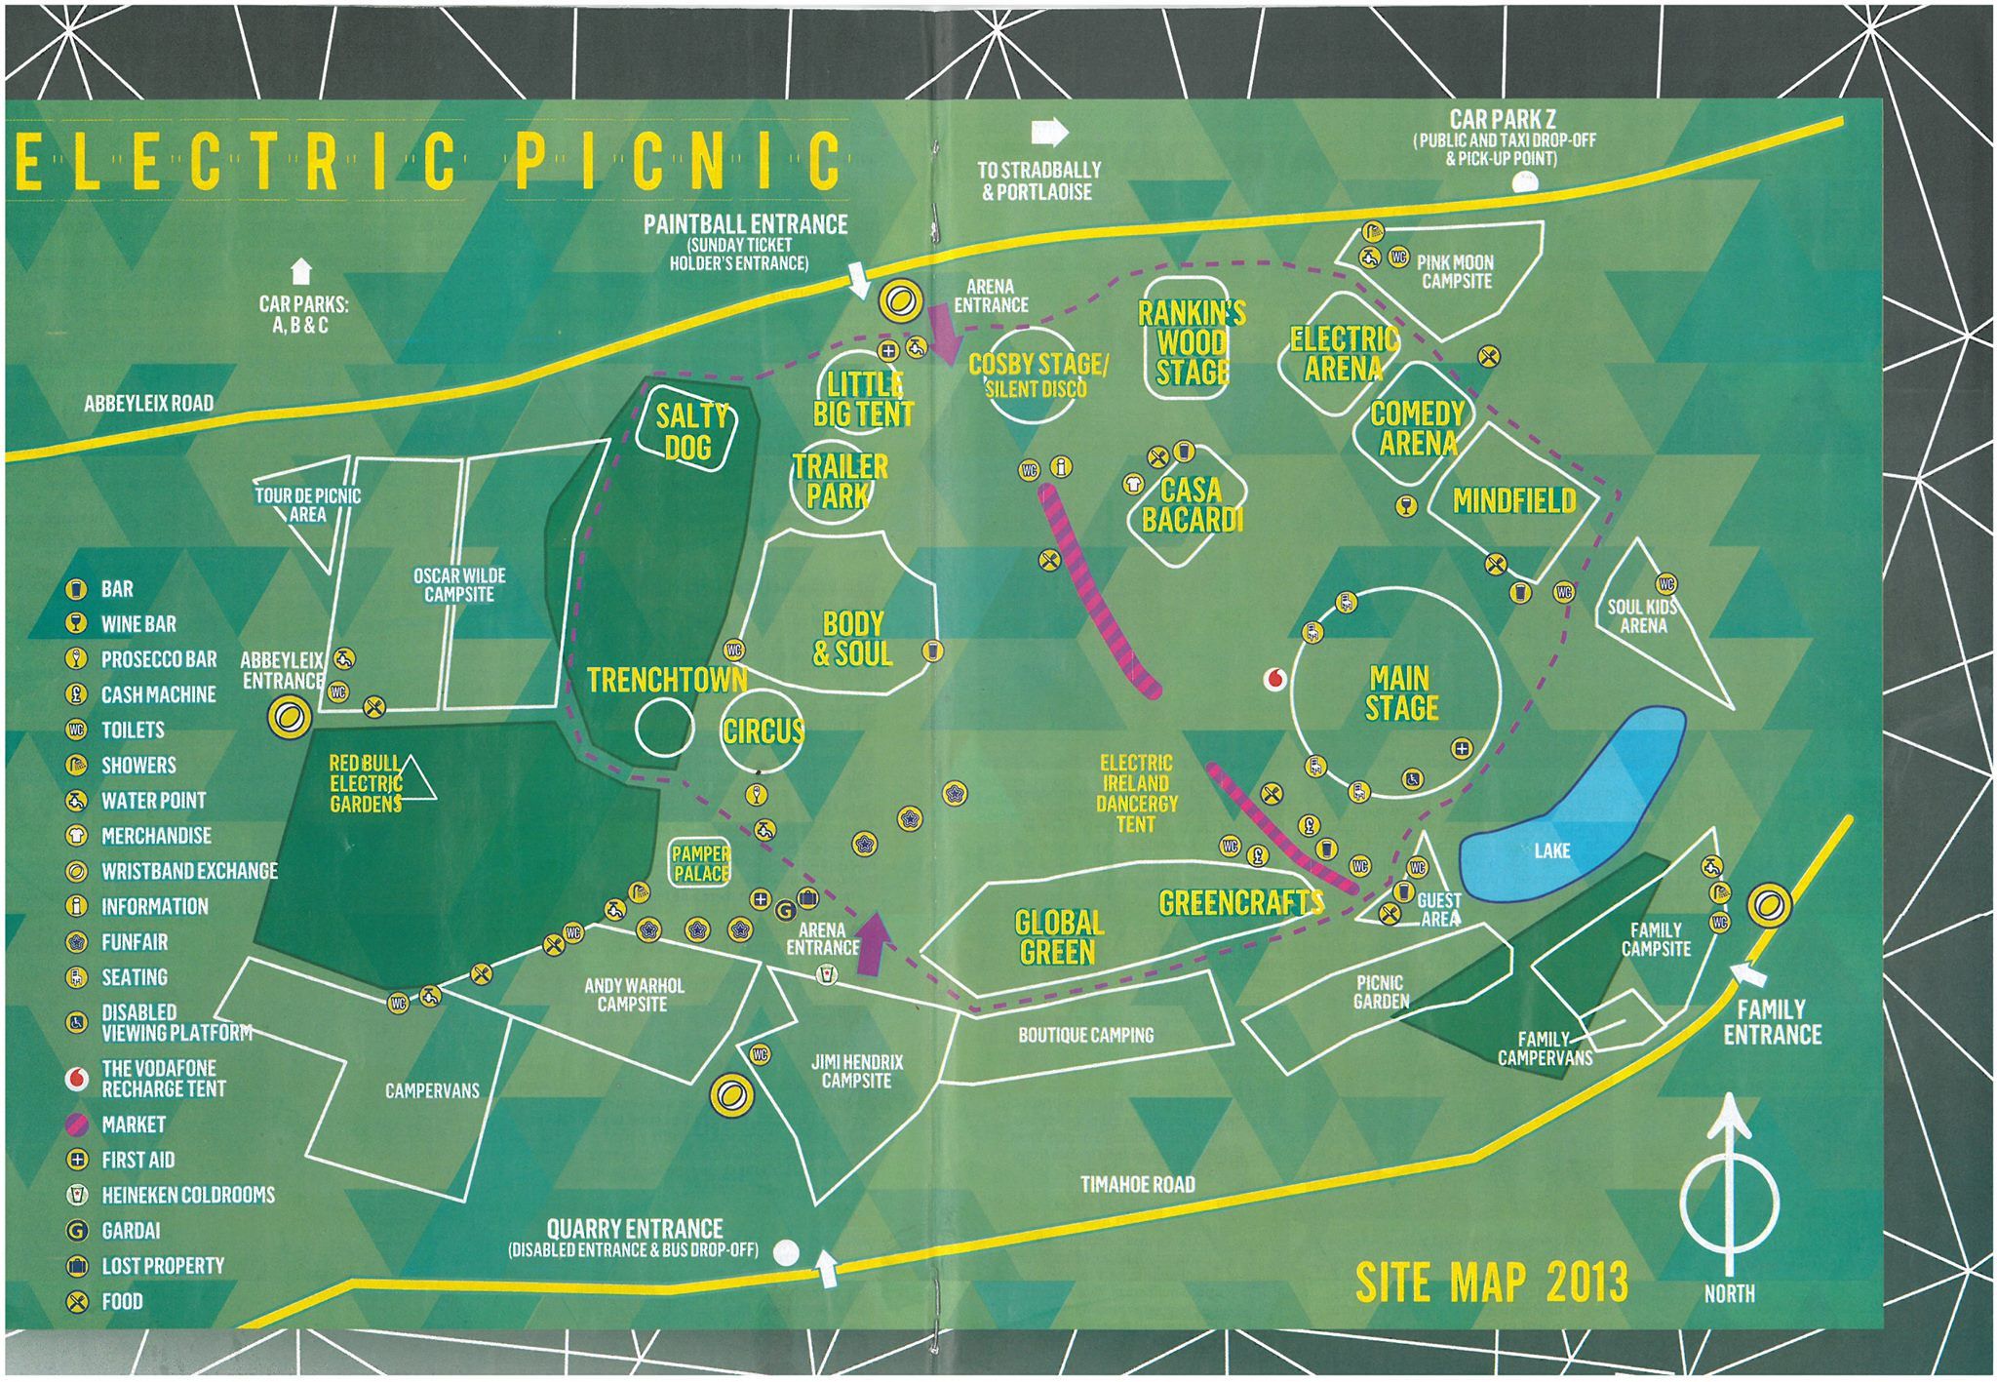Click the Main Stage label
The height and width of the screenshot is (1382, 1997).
click(x=1400, y=692)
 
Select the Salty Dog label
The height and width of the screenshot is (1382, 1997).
click(x=689, y=432)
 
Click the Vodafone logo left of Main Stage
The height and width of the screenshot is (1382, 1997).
click(x=1273, y=680)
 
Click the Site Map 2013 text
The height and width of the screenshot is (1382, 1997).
click(x=1491, y=1281)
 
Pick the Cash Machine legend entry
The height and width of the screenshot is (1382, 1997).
click(x=157, y=694)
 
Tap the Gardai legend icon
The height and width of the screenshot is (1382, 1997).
click(x=76, y=1231)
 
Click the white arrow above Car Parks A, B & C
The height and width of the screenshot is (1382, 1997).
click(x=301, y=270)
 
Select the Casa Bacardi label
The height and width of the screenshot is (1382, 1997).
click(x=1192, y=504)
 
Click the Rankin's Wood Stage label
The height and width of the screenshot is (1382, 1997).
click(x=1192, y=342)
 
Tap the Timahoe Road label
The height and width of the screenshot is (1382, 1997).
click(x=1137, y=1184)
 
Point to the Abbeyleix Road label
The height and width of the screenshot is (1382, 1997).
click(x=148, y=403)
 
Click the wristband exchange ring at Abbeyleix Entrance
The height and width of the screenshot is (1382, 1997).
click(x=289, y=718)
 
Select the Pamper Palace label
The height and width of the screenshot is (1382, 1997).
click(x=700, y=864)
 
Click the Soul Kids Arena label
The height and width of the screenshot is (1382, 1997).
click(x=1643, y=615)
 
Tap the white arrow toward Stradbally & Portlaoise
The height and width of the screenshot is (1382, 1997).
click(x=1049, y=132)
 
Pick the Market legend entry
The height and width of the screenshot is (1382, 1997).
click(x=133, y=1125)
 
